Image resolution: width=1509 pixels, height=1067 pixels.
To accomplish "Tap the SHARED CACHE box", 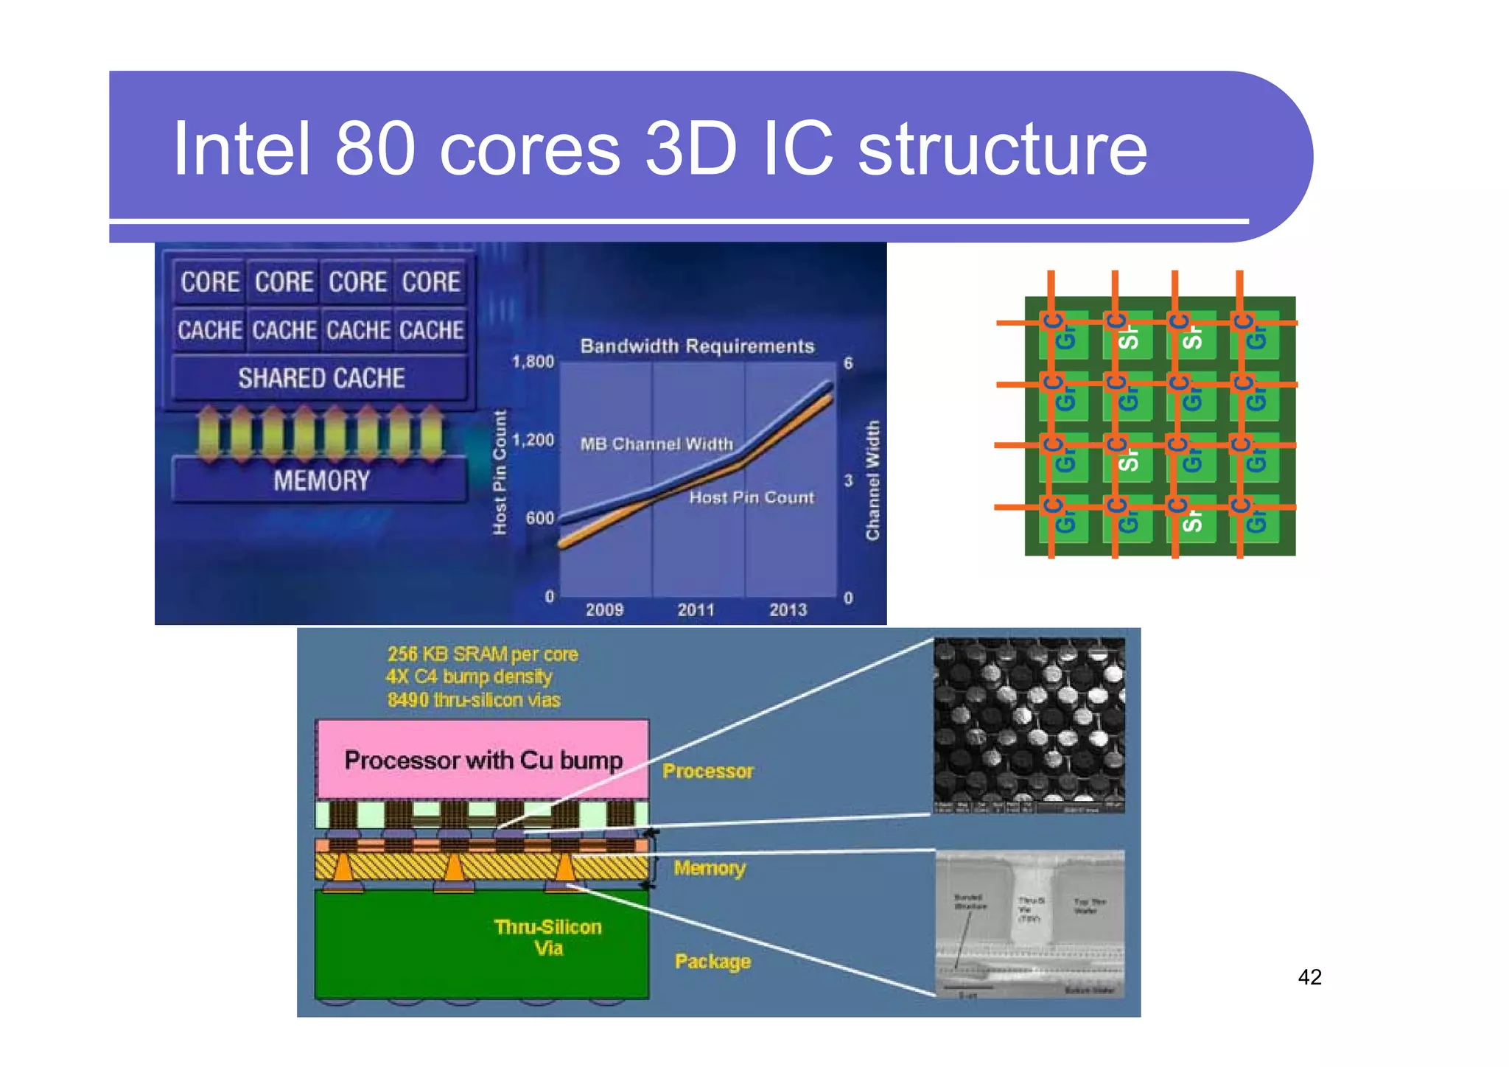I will tap(321, 378).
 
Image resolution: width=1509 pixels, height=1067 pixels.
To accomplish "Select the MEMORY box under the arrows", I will tap(321, 481).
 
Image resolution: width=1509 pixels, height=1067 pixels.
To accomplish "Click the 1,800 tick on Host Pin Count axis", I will tap(533, 362).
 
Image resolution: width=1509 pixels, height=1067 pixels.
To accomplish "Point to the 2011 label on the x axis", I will tap(696, 609).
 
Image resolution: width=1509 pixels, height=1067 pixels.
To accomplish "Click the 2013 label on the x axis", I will tap(788, 609).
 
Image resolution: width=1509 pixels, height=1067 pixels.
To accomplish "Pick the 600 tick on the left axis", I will tap(539, 518).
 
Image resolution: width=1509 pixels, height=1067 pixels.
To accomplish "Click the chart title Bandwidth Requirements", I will tap(697, 346).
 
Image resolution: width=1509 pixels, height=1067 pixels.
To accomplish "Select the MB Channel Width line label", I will tap(657, 444).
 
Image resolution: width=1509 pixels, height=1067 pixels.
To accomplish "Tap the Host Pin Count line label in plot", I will tap(752, 497).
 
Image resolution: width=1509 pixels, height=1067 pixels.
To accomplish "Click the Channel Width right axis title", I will tap(872, 480).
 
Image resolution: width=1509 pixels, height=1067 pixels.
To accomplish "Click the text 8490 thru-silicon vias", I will tap(474, 700).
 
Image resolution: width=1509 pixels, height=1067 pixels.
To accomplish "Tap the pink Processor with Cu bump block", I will tap(483, 760).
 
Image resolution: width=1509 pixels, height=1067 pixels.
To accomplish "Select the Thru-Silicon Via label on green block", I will tap(548, 937).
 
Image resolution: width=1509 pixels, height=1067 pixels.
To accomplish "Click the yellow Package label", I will tap(713, 962).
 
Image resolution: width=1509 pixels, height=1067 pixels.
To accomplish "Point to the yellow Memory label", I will tap(710, 868).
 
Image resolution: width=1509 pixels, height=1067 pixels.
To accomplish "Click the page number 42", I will tap(1309, 977).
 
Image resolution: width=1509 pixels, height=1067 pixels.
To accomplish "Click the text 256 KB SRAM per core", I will tap(483, 654).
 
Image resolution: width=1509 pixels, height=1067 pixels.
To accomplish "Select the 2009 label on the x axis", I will tap(604, 609).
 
